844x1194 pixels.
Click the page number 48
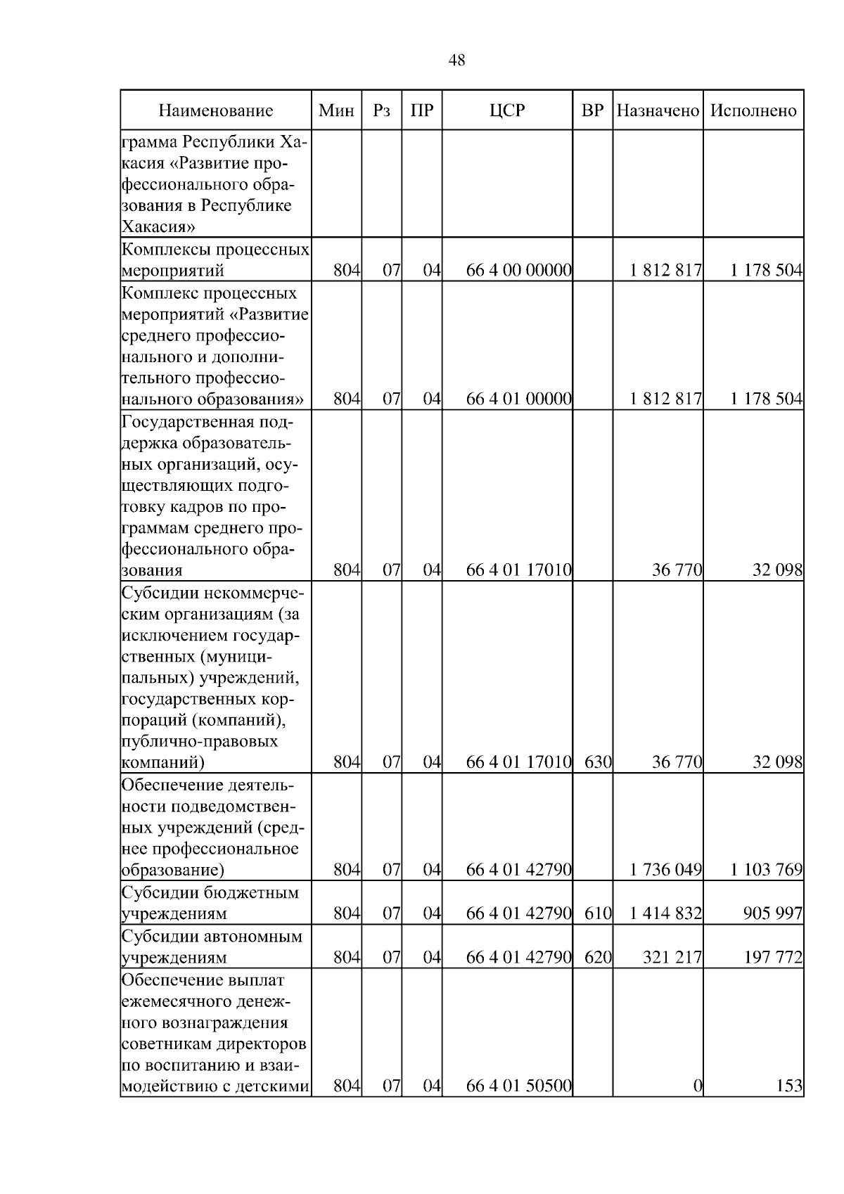[x=456, y=60]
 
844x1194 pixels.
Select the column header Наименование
[x=215, y=110]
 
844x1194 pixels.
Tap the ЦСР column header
[x=507, y=110]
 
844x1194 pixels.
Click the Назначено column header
[x=658, y=110]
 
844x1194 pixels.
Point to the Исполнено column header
[x=753, y=110]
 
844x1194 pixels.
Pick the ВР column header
[x=593, y=110]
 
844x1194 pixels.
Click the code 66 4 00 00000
[x=519, y=271]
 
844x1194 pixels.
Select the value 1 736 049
[x=666, y=870]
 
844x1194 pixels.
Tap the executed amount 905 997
[x=773, y=913]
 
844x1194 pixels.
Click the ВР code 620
[x=598, y=957]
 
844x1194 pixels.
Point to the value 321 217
[x=672, y=957]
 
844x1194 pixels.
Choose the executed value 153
[x=789, y=1105]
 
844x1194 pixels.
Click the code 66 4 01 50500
[x=519, y=1105]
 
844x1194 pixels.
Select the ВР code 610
[x=598, y=913]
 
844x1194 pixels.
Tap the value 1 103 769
[x=766, y=870]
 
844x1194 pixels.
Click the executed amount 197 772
[x=773, y=957]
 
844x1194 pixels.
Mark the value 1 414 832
[x=666, y=913]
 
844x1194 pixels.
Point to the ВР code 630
[x=598, y=762]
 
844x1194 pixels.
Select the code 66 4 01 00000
[x=519, y=399]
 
